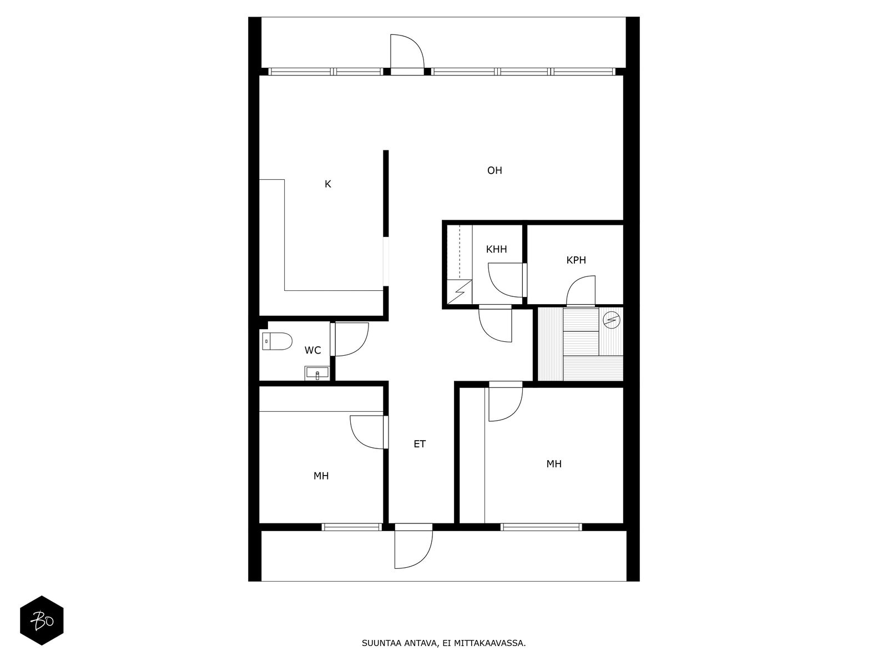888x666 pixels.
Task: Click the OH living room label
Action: pos(495,170)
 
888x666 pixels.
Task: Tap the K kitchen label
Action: pos(327,184)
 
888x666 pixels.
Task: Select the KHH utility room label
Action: pos(496,249)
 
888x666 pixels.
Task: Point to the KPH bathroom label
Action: pos(576,260)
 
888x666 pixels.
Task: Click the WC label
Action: pos(312,350)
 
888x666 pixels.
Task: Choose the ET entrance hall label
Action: pos(420,444)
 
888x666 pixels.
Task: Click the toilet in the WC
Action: pos(277,341)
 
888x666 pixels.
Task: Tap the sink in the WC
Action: pos(317,373)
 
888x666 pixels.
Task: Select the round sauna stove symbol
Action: pos(611,320)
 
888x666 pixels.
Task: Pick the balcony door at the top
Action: pos(407,54)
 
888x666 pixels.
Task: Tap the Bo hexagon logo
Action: pos(42,620)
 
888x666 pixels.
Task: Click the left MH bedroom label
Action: pos(321,476)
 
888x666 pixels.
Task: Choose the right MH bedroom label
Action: pos(554,464)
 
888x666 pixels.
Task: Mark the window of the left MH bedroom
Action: pos(351,527)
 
